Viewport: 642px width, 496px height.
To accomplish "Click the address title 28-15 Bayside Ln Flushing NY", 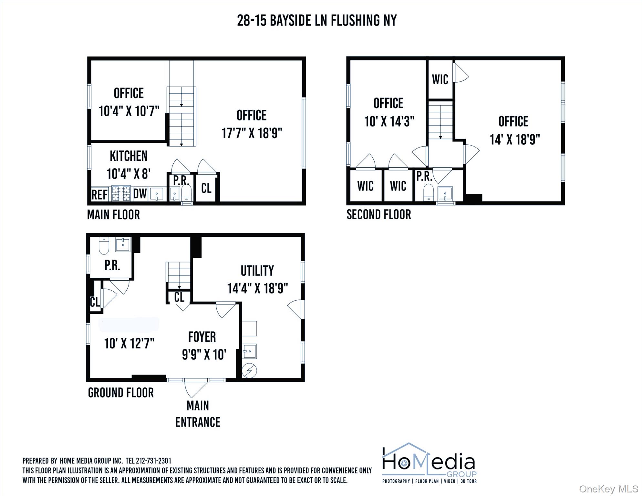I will (x=317, y=21).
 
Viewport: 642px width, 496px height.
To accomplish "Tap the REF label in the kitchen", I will (x=99, y=195).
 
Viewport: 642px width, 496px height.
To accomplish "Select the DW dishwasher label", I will (x=140, y=194).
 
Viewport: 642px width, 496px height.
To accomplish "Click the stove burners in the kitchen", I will (x=121, y=193).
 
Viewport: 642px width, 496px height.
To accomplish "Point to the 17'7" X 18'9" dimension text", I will (x=252, y=133).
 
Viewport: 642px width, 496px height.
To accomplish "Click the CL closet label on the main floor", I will (x=206, y=188).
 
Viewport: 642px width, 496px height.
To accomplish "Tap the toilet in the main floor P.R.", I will (x=187, y=193).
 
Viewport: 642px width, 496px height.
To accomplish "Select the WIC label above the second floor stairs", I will (x=440, y=79).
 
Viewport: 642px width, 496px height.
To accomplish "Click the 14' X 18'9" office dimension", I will (x=514, y=139).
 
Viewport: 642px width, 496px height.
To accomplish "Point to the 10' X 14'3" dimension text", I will (x=389, y=121).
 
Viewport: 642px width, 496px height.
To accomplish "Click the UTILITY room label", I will (x=257, y=271).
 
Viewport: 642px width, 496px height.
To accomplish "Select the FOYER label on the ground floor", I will (x=202, y=337).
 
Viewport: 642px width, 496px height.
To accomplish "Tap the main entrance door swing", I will (x=195, y=387).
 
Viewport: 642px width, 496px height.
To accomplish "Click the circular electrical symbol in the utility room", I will (x=249, y=370).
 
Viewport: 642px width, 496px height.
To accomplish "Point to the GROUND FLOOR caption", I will (x=121, y=393).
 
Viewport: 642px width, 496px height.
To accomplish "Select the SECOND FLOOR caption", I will (x=378, y=214).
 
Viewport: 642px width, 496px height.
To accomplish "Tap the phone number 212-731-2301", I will (x=153, y=460).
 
